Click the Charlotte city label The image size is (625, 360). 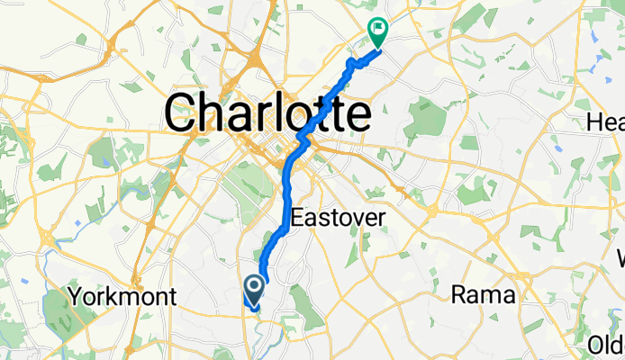tap(267, 114)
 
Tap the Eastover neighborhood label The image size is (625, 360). tap(339, 218)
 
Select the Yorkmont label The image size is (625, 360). tap(122, 297)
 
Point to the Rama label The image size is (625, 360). tap(483, 294)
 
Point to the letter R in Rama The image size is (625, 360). tap(459, 294)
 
